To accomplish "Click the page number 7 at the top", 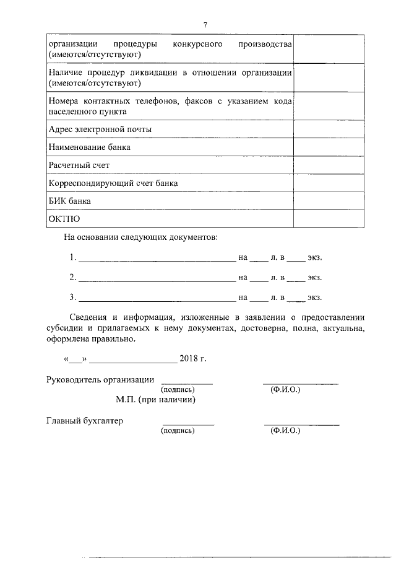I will point(205,25).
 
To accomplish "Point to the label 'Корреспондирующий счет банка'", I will point(113,183).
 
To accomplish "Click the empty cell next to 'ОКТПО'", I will point(329,219).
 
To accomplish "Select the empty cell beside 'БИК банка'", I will point(329,201).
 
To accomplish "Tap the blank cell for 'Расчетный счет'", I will point(329,166).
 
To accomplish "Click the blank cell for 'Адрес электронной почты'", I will point(329,130).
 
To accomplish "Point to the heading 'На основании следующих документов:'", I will point(140,237).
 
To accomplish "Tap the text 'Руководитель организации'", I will point(100,380).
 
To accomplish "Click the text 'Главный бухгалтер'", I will point(85,421).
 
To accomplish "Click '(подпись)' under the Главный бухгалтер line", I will point(178,431).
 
